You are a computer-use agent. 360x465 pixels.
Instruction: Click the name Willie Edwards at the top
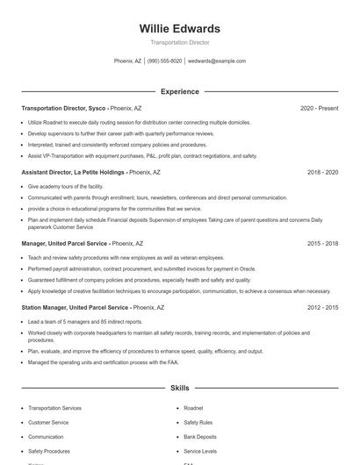coord(179,28)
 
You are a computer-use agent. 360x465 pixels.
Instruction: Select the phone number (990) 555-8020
coord(164,61)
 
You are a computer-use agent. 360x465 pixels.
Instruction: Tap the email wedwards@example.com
coord(217,61)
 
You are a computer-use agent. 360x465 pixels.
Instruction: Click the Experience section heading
coord(179,91)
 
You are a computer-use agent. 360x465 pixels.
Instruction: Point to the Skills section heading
coord(179,387)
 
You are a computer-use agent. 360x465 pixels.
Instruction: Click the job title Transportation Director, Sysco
coord(63,108)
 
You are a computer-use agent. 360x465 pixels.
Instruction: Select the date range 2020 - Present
coord(319,108)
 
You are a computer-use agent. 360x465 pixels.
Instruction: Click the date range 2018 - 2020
coord(322,173)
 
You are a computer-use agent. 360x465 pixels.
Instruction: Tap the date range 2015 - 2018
coord(322,242)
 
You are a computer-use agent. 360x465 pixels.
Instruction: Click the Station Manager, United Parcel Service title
coord(75,308)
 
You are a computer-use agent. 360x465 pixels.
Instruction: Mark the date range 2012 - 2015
coord(322,308)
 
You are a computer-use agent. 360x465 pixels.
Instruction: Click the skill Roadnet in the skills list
coord(193,408)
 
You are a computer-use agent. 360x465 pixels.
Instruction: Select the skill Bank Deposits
coord(199,436)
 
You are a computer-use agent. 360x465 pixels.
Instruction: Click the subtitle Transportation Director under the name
coord(179,42)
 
